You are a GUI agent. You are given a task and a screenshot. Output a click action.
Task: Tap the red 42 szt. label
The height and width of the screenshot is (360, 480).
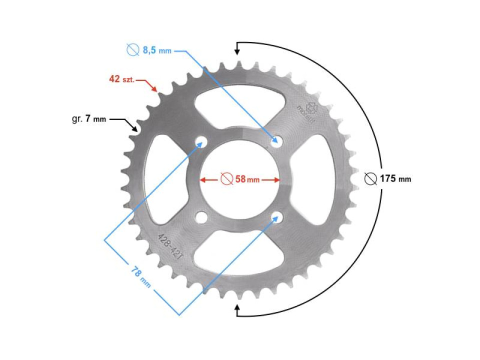pos(121,79)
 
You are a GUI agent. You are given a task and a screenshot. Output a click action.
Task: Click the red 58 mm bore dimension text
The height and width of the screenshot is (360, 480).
pos(247,179)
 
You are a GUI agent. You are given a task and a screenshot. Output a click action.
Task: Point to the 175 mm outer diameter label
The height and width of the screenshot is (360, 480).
pos(395,178)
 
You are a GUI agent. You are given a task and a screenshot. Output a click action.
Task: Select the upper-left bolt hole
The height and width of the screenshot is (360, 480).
pos(201,143)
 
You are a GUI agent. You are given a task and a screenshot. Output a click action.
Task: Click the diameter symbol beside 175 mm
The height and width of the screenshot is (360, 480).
pos(370,178)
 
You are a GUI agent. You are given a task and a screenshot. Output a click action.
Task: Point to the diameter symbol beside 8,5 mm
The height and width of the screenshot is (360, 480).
pos(132,50)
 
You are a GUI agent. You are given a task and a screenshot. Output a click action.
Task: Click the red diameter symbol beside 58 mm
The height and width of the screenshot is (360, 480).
pos(226,179)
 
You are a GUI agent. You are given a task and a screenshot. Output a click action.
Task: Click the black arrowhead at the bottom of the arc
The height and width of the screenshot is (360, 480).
pos(238,310)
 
